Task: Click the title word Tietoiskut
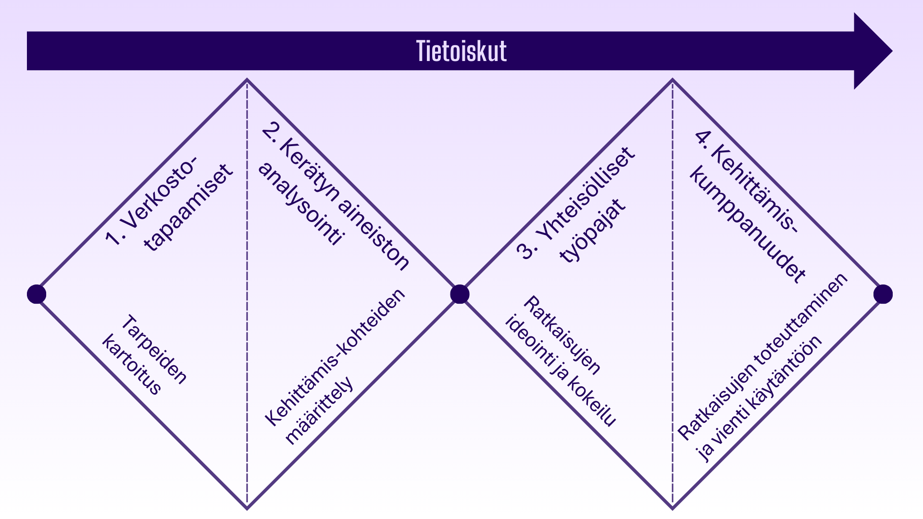(461, 51)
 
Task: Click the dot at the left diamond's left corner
(37, 294)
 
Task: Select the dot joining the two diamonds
(460, 294)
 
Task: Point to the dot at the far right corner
(883, 294)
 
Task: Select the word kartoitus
(131, 365)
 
